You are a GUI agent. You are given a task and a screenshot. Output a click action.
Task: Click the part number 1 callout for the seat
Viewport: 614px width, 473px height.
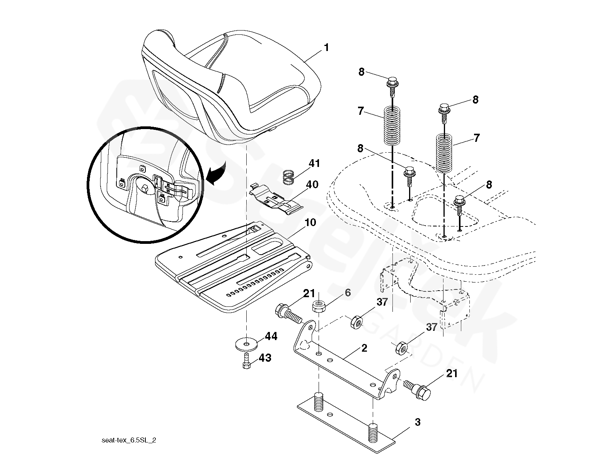(326, 48)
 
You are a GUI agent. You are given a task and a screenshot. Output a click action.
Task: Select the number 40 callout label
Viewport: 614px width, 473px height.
(312, 185)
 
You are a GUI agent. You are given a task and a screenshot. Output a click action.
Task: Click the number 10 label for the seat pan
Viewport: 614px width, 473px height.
(310, 223)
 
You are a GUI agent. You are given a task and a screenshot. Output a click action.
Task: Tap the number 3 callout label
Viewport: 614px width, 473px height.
(417, 422)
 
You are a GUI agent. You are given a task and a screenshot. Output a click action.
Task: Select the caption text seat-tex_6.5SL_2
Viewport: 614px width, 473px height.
(129, 441)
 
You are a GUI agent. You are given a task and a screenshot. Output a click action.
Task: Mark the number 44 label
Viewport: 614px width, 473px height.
(271, 337)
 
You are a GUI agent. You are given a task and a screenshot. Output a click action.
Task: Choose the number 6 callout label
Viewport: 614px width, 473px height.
(348, 293)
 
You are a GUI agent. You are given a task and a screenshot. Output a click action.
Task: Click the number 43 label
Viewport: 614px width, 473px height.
(265, 358)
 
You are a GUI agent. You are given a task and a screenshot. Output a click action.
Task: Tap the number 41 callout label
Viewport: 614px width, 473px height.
(314, 163)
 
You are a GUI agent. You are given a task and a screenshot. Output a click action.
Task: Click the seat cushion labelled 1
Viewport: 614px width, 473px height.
(232, 85)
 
